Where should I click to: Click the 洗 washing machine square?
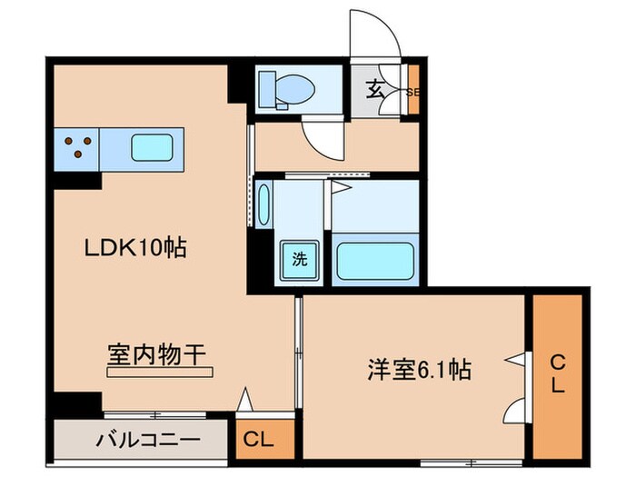pyautogui.click(x=299, y=258)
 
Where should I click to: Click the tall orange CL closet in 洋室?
pyautogui.click(x=556, y=374)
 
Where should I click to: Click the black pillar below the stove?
pyautogui.click(x=76, y=179)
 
